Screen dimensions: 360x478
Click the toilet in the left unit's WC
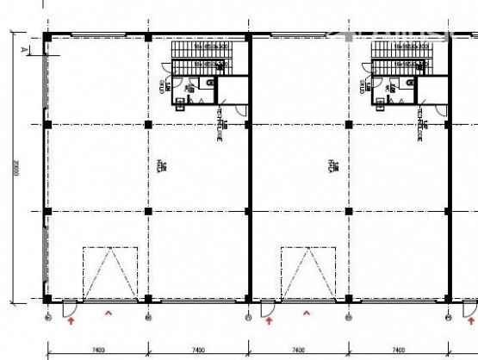[x=209, y=83]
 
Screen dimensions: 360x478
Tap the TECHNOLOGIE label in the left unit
[x=220, y=134]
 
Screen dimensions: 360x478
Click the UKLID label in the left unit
[x=164, y=87]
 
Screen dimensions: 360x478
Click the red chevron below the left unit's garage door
[x=109, y=314]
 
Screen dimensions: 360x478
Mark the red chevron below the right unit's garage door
[x=307, y=314]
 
